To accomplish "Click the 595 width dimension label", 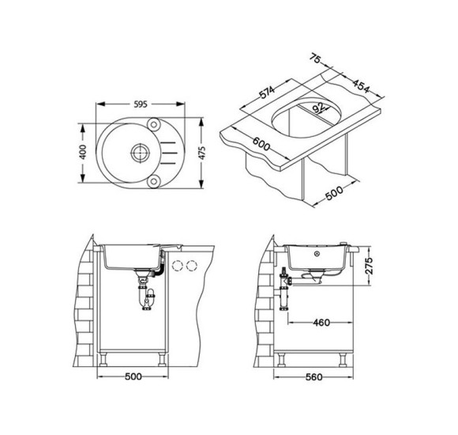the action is pos(141,104).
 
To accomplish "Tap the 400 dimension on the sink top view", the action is pos(83,152).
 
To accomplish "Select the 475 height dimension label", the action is pos(202,153).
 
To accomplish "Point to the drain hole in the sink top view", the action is pos(141,153).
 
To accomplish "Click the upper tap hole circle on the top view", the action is pos(154,124).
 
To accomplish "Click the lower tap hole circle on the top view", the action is pos(154,181).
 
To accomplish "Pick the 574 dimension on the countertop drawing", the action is pos(267,93).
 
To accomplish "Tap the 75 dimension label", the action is pos(315,59).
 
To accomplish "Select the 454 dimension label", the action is pos(361,86).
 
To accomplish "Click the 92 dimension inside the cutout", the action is pos(318,108).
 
